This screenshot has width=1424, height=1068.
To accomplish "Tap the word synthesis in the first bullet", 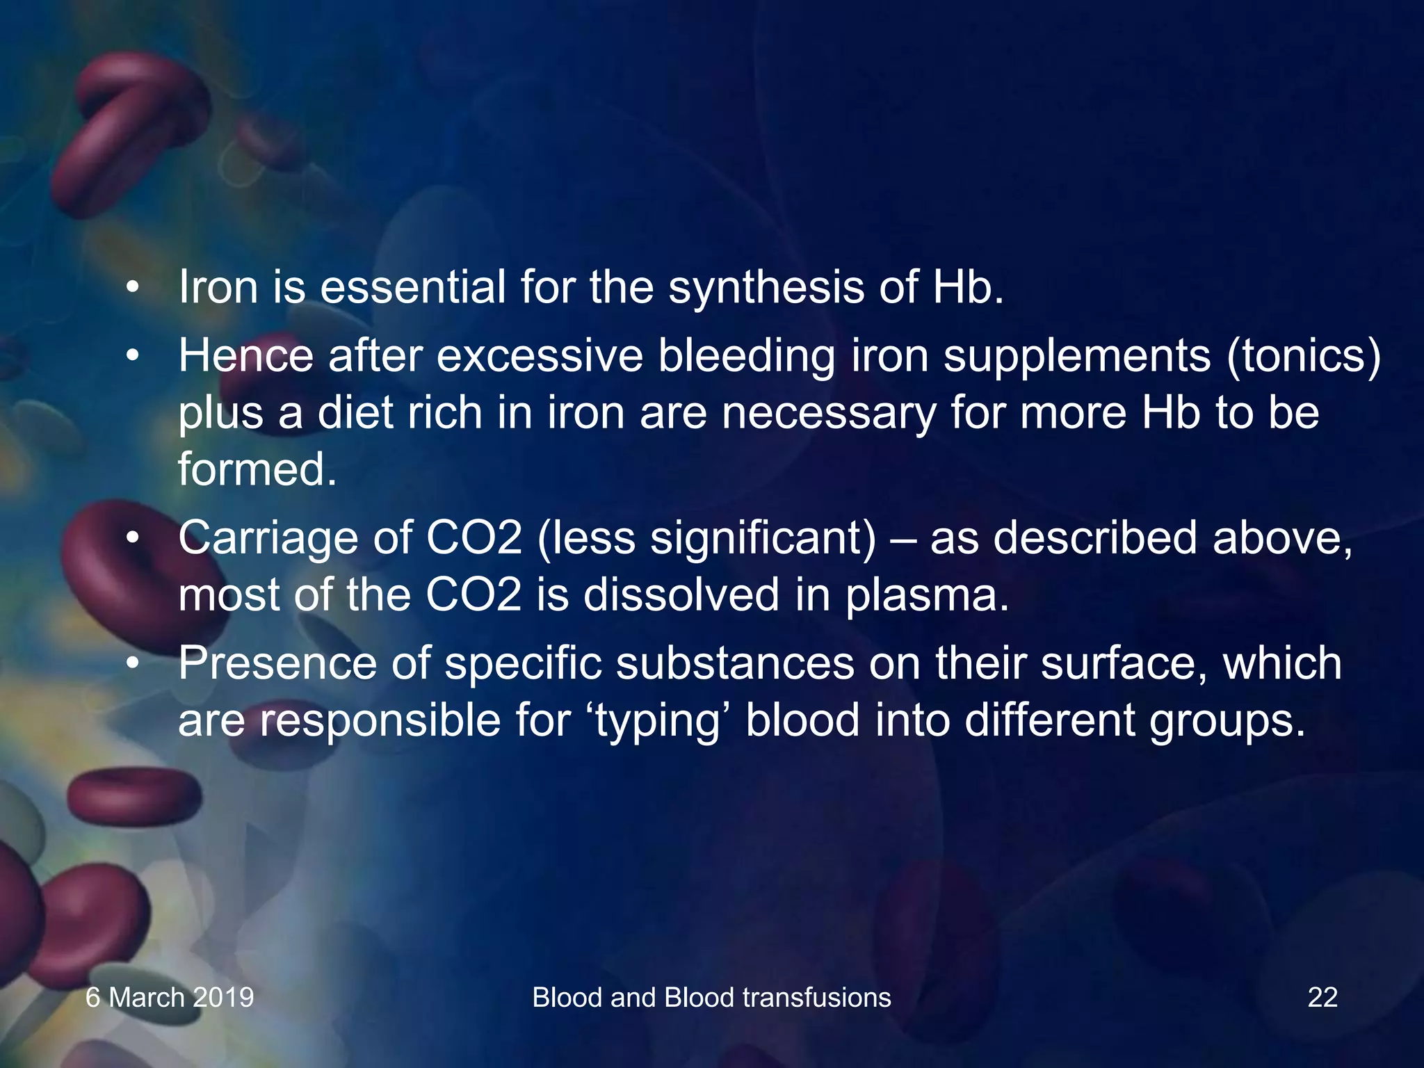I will click(x=766, y=289).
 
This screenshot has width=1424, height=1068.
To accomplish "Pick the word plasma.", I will click(x=927, y=597).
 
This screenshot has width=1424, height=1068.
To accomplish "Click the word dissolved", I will click(x=681, y=595).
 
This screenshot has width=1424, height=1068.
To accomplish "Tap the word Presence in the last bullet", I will click(x=277, y=663).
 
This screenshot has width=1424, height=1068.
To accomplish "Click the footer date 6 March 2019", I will click(x=170, y=997).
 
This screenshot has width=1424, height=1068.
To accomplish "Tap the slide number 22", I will click(x=1322, y=997).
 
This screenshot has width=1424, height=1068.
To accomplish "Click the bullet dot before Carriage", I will click(x=133, y=538).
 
